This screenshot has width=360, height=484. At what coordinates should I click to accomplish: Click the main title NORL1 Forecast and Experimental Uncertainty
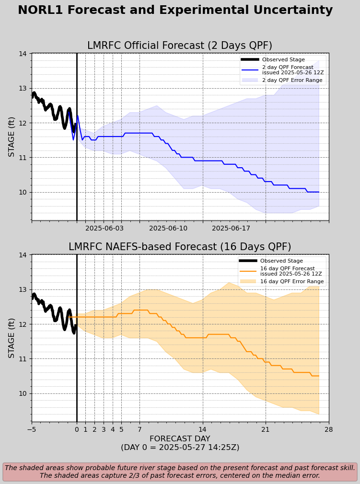pos(175,11)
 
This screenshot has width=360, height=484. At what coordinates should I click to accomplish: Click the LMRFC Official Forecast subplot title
pos(180,46)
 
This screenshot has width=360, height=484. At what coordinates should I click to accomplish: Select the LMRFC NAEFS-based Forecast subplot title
pos(180,247)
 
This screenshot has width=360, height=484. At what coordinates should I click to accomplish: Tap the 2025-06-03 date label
pos(105,229)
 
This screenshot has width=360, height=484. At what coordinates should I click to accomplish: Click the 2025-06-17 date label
pos(231,229)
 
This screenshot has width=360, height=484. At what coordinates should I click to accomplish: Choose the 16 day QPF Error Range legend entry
pos(291,281)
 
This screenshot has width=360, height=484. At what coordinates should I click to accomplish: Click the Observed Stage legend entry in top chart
pos(283,59)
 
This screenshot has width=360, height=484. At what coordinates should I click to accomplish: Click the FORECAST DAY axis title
pos(180,439)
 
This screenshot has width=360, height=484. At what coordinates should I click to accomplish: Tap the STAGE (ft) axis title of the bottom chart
pos(12,338)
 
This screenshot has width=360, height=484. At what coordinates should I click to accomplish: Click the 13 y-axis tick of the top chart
pos(23,88)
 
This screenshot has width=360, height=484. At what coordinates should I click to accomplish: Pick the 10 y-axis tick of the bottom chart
pos(23,393)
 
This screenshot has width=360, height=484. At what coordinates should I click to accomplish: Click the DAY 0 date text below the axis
pos(180,448)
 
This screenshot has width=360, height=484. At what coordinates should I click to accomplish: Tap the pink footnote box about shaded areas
pos(180,472)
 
